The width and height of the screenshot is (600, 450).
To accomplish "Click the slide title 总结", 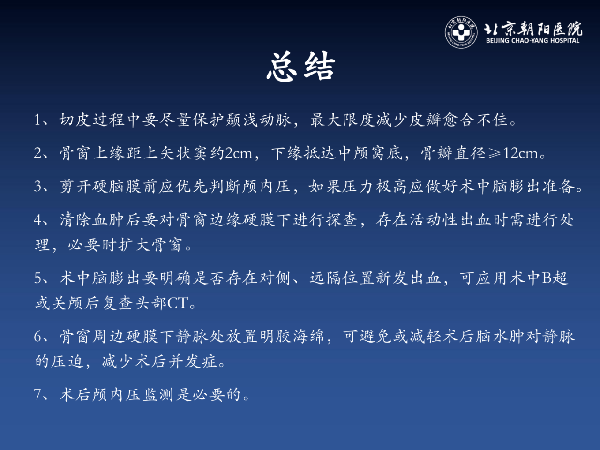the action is (x=300, y=67).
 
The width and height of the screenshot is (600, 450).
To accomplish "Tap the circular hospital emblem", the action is (x=461, y=32).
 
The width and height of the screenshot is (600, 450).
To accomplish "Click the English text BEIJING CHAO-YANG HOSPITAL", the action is (x=532, y=41).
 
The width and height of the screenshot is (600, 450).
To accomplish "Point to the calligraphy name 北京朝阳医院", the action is (x=533, y=29).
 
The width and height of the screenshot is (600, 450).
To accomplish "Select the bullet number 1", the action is (x=37, y=120).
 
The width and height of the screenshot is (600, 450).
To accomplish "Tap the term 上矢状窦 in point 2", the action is (x=176, y=153).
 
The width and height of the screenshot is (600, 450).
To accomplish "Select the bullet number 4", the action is (x=37, y=220).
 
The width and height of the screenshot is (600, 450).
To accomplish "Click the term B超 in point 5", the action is (x=555, y=278).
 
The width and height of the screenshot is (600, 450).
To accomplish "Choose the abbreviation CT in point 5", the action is (x=177, y=303).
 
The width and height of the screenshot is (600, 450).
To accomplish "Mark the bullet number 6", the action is (x=37, y=337).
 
